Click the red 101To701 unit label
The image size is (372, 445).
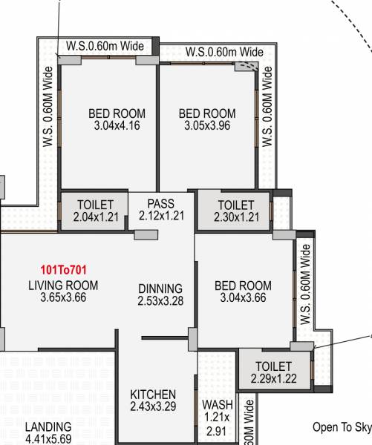(63, 270)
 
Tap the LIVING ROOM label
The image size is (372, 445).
(63, 286)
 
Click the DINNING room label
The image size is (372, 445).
(160, 289)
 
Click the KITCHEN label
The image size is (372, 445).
(153, 394)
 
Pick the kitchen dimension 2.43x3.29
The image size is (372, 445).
(153, 406)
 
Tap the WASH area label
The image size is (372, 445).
(217, 406)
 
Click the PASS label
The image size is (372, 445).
(160, 203)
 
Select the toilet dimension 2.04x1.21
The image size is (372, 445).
(96, 217)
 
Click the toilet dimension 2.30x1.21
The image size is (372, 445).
(235, 217)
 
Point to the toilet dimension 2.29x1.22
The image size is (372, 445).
(273, 378)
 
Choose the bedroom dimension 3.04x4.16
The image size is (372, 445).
(117, 126)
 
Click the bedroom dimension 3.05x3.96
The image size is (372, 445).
(207, 126)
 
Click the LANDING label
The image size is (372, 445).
(48, 427)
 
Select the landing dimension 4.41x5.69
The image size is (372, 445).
(48, 438)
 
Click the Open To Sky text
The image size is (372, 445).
(342, 427)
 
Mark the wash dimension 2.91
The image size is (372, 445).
(217, 430)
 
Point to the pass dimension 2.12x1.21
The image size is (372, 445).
(160, 216)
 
